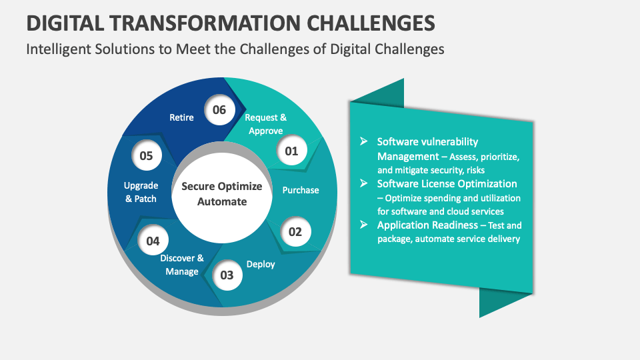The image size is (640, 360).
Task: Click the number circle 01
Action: click(291, 151)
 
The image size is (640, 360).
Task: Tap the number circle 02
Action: click(295, 232)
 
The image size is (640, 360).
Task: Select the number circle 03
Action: click(227, 275)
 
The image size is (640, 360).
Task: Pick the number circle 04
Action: click(153, 241)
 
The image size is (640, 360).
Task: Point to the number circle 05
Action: click(147, 156)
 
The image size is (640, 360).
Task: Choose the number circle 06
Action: click(219, 110)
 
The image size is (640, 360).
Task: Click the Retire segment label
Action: click(181, 118)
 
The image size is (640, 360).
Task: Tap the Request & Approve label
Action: click(266, 124)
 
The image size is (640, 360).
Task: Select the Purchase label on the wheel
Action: click(301, 190)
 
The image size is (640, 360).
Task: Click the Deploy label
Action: click(261, 264)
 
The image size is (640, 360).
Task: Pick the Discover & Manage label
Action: click(182, 265)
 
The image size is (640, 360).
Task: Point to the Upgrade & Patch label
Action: click(141, 192)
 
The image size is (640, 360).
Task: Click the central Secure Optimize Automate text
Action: click(222, 194)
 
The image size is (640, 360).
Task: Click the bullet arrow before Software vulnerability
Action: click(363, 141)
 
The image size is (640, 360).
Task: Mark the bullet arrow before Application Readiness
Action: click(363, 225)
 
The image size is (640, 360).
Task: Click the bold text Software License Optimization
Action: click(447, 183)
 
